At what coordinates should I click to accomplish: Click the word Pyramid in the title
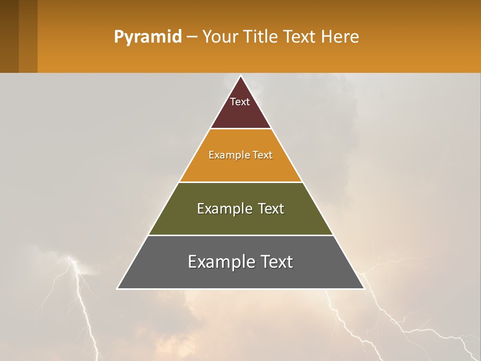click(147, 37)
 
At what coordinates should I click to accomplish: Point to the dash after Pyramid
click(191, 38)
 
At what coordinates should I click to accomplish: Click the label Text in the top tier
click(240, 102)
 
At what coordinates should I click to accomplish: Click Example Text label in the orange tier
click(241, 155)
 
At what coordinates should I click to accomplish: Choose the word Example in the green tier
click(223, 209)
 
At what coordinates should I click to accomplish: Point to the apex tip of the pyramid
click(241, 77)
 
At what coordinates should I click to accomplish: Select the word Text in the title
click(300, 37)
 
